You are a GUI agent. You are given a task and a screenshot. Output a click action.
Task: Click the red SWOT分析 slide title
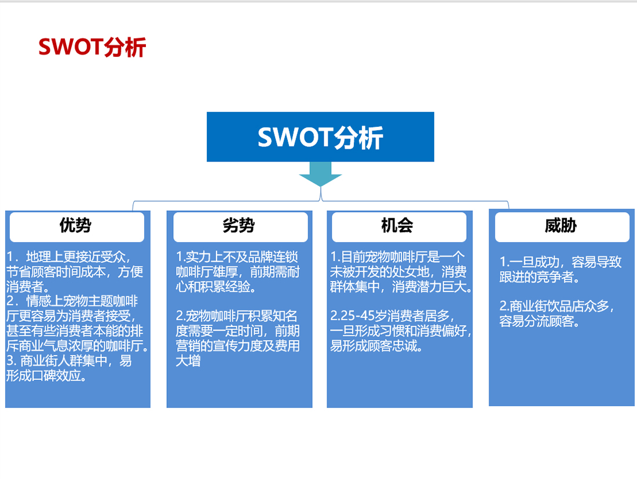[92, 47]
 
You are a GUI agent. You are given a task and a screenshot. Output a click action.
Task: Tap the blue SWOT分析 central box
[320, 137]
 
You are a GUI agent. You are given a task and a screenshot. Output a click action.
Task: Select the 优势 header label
[75, 225]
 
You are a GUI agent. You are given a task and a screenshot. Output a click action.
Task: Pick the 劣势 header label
[239, 225]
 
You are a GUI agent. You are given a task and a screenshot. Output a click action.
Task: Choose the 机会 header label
[397, 225]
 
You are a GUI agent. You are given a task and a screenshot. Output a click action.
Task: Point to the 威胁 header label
[561, 225]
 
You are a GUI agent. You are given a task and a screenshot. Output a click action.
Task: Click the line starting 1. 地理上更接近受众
[69, 257]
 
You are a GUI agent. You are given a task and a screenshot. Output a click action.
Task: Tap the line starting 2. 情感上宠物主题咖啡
[72, 301]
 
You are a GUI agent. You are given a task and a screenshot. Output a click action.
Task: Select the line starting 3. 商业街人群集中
[69, 361]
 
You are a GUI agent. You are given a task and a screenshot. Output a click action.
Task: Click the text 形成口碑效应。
[46, 376]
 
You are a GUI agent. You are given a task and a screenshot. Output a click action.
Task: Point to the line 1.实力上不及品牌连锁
[237, 257]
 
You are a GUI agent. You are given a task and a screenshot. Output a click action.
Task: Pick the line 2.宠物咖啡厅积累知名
[236, 316]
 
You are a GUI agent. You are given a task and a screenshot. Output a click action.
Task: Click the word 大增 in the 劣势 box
[188, 361]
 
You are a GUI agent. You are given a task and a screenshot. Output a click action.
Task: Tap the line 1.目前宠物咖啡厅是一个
[397, 257]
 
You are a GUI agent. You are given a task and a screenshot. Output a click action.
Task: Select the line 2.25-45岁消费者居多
[392, 316]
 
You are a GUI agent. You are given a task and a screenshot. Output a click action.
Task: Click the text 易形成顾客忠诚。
[376, 346]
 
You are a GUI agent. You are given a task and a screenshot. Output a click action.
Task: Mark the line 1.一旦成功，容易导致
[561, 262]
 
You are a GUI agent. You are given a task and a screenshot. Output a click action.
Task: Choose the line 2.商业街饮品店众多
[557, 306]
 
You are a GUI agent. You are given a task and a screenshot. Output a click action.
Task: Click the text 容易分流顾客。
[539, 321]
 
